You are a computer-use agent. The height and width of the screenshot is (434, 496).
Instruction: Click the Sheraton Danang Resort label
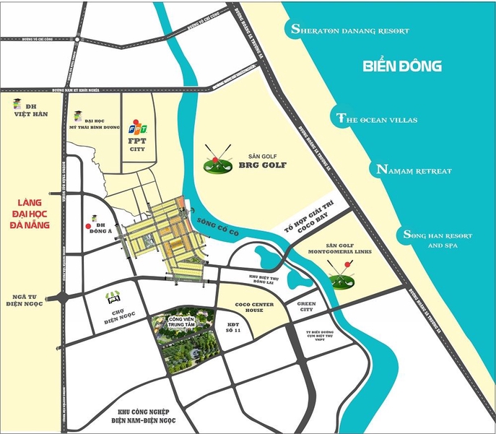pos(349,30)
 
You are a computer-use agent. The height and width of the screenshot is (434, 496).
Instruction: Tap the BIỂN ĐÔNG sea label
pos(401,67)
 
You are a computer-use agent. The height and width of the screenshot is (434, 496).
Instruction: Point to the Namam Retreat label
pos(414,170)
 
